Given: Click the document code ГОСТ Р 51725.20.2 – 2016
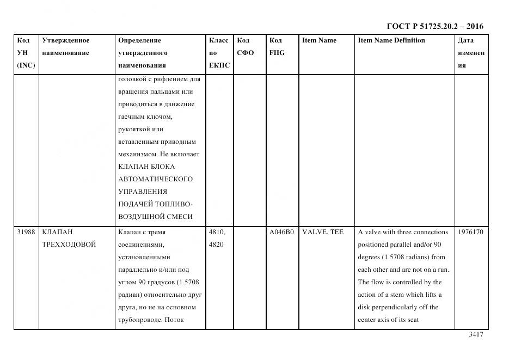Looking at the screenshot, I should [434, 26].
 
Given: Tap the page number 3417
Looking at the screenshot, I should [476, 334].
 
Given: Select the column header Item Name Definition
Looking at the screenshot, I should [391, 40].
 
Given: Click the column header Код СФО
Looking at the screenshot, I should [246, 46].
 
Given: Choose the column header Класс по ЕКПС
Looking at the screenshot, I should [219, 53].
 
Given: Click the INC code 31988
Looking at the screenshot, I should [26, 232].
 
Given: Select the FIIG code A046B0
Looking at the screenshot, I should [281, 232].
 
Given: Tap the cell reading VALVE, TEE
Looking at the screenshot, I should [323, 232].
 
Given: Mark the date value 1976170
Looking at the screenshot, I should [471, 232].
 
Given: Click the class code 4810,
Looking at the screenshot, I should [217, 232].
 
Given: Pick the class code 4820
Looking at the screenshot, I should [216, 245].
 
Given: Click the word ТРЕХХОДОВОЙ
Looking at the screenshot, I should [69, 245].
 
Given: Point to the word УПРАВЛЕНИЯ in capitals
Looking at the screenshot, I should [143, 192].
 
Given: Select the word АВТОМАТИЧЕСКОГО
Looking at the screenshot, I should [155, 179].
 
